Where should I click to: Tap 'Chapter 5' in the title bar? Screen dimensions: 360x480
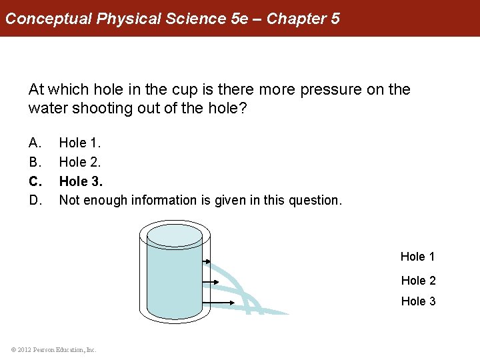coord(303,18)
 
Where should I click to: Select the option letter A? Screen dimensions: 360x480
coord(35,143)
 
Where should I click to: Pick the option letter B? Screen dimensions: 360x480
coord(35,161)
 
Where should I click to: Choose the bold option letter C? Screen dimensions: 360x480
coord(35,181)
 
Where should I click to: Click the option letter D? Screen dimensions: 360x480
coord(35,199)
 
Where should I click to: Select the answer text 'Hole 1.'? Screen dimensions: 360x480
coord(79,143)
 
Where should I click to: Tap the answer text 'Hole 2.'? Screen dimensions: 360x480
coord(79,161)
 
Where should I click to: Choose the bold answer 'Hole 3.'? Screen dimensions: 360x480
coord(81,181)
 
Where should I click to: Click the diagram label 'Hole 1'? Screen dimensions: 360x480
coord(417,257)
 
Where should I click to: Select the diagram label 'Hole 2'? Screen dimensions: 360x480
coord(418,281)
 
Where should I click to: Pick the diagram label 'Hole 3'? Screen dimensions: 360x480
coord(418,301)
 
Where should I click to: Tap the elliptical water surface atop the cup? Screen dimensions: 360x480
coord(174,235)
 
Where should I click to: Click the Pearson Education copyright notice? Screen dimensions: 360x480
coord(54,349)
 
